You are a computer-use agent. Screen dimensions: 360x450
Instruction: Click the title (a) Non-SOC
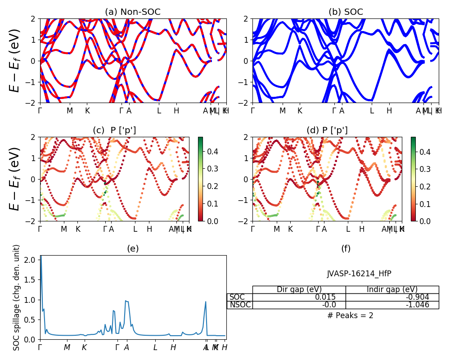click(133, 12)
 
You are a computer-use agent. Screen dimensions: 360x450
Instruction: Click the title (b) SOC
click(346, 12)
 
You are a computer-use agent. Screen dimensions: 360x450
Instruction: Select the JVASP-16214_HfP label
click(356, 274)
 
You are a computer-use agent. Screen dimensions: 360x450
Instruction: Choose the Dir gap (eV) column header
click(299, 289)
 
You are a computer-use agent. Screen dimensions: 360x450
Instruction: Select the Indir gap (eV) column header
click(392, 289)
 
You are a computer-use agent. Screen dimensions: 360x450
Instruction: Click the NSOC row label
click(240, 305)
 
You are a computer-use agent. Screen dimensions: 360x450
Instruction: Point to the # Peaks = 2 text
click(350, 315)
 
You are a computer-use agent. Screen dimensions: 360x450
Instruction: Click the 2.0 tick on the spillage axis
click(30, 260)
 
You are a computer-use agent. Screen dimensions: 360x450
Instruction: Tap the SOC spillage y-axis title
click(16, 297)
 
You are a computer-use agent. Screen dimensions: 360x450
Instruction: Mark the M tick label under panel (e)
click(67, 347)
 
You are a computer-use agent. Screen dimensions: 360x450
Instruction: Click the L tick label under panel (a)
click(159, 111)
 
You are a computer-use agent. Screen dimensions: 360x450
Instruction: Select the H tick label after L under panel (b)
click(389, 111)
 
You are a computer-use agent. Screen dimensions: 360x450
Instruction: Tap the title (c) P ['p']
click(114, 130)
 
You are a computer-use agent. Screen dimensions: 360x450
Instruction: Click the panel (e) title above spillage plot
click(133, 248)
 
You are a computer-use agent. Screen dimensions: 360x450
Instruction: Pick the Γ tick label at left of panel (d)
click(253, 229)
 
